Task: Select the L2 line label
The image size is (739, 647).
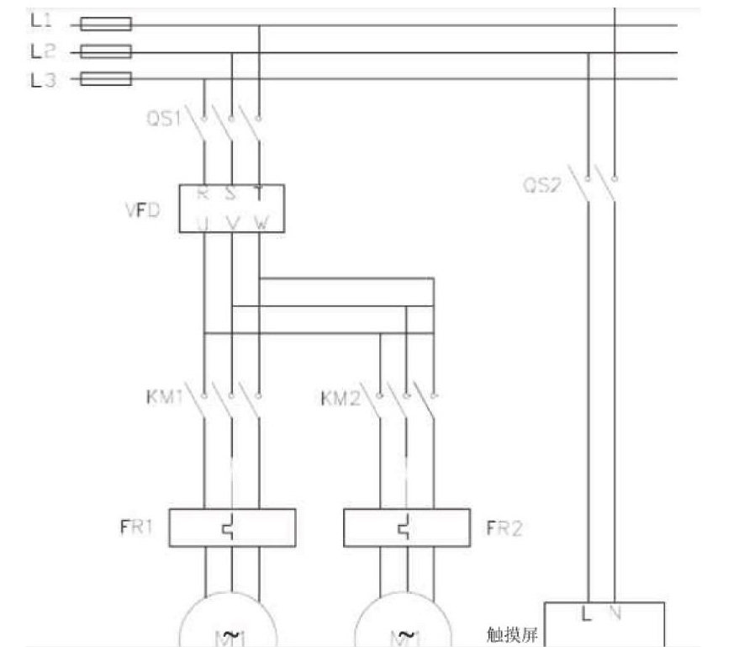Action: point(40,51)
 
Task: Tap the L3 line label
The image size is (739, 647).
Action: point(40,80)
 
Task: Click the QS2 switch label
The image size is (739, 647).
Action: point(541,185)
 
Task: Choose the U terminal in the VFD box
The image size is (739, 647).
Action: point(203,222)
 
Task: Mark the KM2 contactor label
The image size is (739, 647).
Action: point(340,396)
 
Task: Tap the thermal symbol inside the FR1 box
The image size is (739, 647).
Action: point(230,528)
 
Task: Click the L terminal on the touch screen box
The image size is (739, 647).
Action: point(587,614)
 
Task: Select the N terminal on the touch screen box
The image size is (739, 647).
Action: point(615,614)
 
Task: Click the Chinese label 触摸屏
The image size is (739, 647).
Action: point(512,633)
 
